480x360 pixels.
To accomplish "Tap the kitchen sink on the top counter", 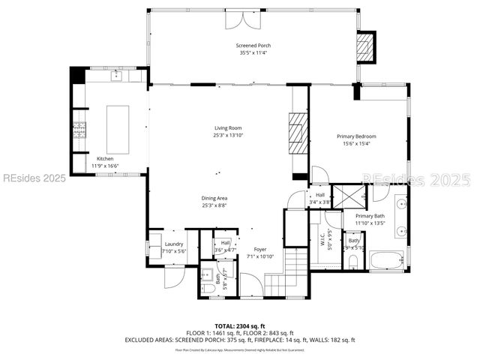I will point(117,76).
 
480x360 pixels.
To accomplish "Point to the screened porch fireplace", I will point(365,46).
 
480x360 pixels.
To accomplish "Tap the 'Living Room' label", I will point(229,128).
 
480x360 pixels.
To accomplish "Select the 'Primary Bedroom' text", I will point(356,136).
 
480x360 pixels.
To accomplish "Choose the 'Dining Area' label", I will point(214,198).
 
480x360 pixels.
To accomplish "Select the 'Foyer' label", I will point(259,249).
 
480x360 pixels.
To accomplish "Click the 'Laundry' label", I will point(173,244).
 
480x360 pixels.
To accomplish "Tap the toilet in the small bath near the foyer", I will point(208,286).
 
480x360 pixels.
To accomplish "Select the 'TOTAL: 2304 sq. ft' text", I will point(239,325).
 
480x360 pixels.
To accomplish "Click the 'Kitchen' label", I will point(104,158).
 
